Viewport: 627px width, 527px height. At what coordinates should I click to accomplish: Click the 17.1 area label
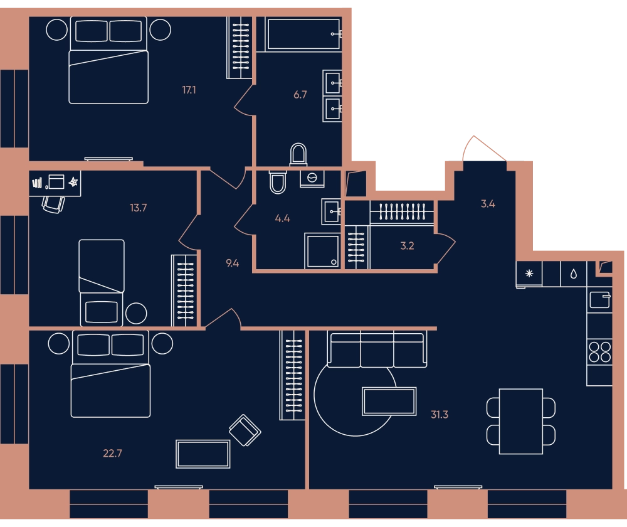189,90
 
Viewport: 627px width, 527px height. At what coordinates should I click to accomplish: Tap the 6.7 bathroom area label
300,95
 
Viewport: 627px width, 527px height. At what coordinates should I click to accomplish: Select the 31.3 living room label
439,415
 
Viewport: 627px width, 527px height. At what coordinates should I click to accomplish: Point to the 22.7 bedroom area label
112,454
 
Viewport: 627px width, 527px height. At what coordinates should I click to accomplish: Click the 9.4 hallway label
233,263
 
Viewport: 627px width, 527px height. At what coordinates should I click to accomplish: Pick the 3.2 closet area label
407,246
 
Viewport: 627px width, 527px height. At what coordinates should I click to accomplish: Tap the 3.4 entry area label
488,204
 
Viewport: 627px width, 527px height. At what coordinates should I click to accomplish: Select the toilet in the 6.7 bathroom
298,154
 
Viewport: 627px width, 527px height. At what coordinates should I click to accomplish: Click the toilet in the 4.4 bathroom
278,182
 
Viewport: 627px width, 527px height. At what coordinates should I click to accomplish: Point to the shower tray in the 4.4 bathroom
322,251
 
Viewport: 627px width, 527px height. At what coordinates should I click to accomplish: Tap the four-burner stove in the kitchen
599,352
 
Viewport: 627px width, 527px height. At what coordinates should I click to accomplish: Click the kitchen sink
600,300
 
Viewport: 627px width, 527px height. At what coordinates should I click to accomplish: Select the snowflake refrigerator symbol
529,274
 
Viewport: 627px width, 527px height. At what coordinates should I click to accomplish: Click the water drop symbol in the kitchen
574,274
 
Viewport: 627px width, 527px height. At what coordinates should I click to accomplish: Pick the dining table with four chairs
520,422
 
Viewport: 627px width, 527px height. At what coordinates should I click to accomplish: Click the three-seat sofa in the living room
377,349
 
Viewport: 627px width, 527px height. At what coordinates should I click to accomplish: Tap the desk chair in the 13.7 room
53,205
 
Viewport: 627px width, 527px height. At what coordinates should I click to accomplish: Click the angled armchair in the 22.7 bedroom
245,430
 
